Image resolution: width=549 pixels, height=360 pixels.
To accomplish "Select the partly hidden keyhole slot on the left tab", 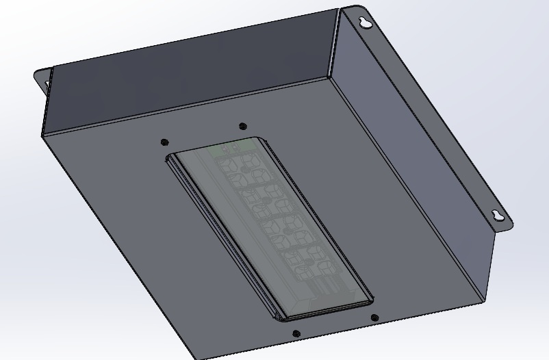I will click(x=47, y=83).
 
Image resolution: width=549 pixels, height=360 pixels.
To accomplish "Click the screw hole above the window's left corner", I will click(x=164, y=142).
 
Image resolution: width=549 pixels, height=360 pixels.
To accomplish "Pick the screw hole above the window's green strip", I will click(x=242, y=126).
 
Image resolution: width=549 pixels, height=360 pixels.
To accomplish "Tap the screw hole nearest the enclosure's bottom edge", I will click(x=296, y=334).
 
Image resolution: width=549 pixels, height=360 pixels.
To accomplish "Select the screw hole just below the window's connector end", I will click(x=374, y=318).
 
